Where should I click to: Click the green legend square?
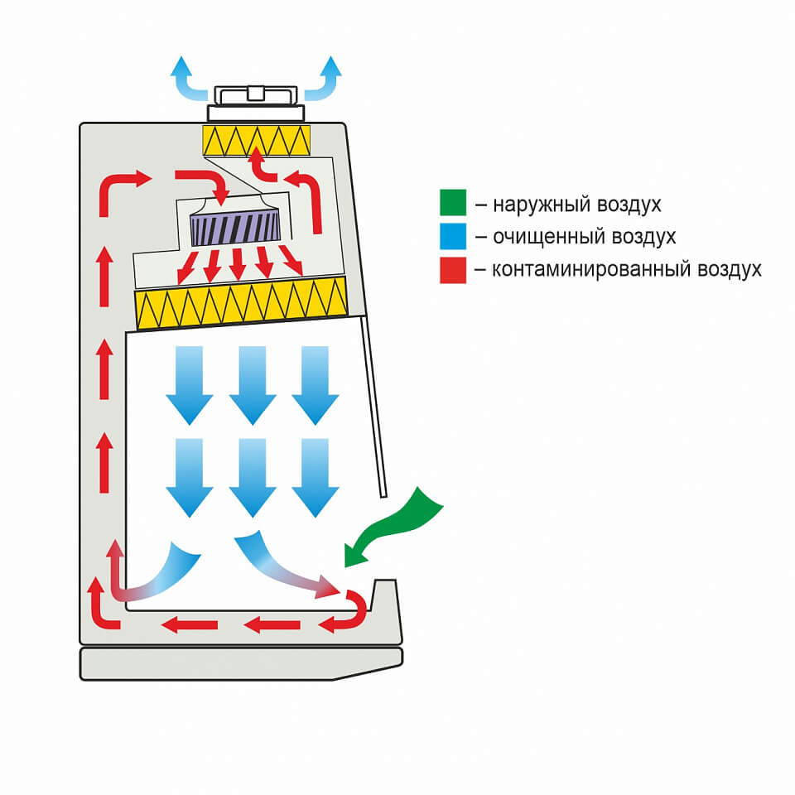click(x=453, y=204)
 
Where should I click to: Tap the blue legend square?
click(x=453, y=237)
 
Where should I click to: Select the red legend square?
click(x=453, y=270)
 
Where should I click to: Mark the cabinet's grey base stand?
click(x=240, y=663)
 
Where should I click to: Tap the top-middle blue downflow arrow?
click(x=252, y=383)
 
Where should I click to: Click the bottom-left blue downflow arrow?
click(x=190, y=476)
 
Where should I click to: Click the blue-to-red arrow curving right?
click(x=286, y=566)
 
